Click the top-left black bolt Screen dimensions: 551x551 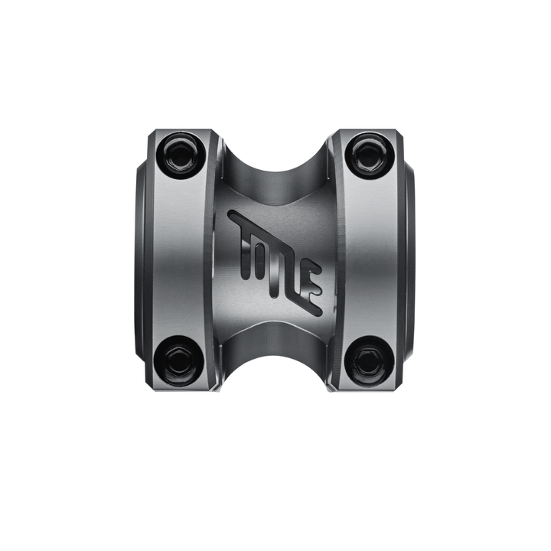181,155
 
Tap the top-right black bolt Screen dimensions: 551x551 368,155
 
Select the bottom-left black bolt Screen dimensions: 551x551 181,360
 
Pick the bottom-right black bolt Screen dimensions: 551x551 367,360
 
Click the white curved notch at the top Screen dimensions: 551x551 275,149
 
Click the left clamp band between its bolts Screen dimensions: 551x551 178,258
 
